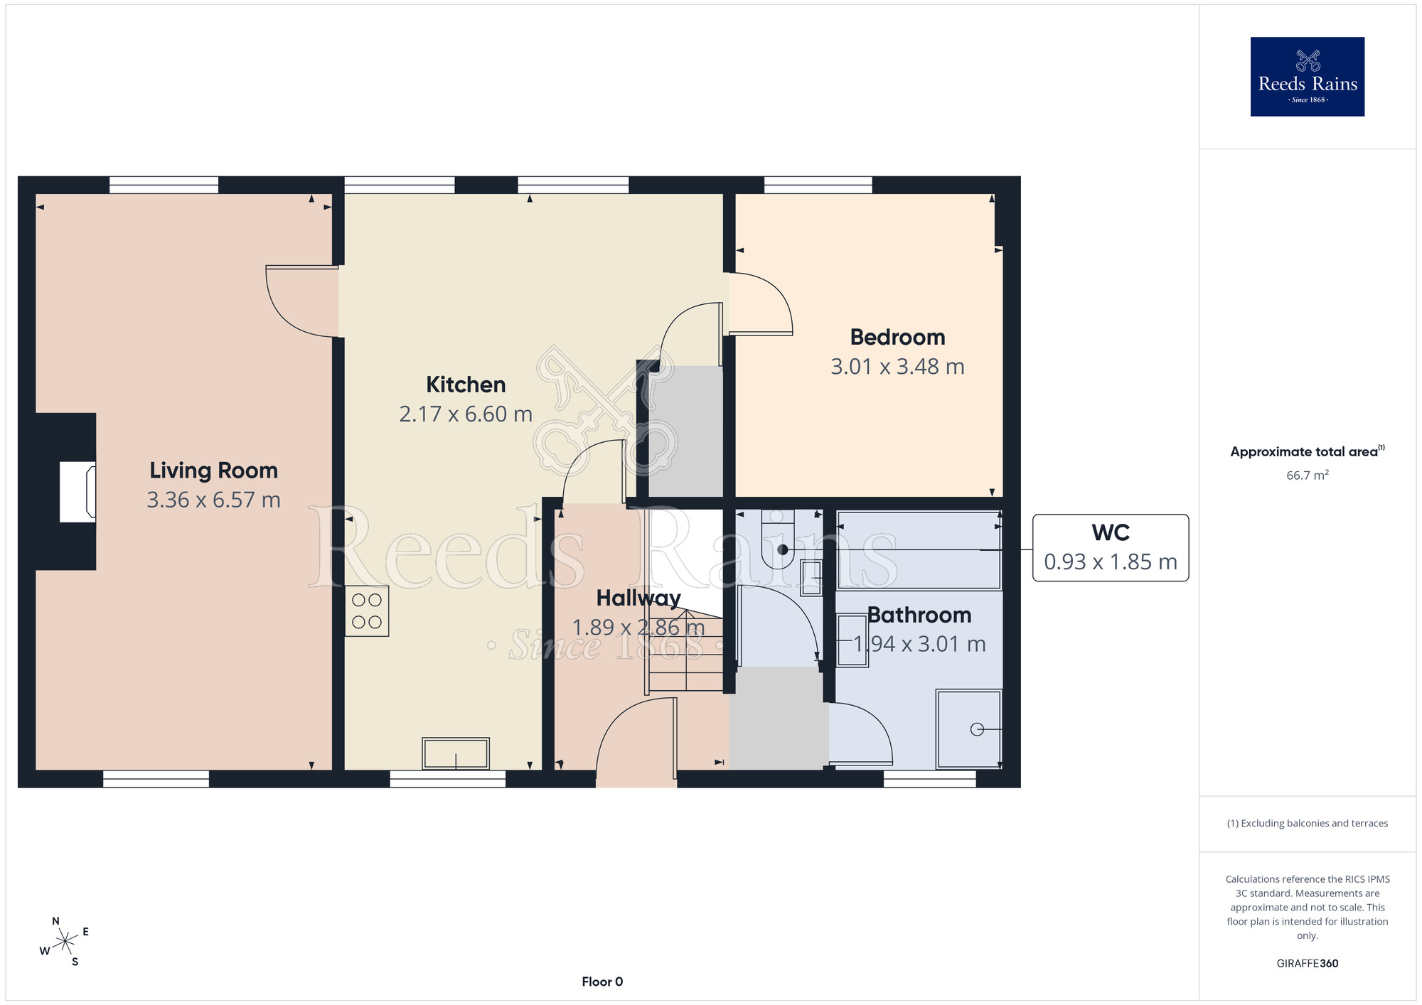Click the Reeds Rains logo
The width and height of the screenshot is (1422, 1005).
click(1307, 77)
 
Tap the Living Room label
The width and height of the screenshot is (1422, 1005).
click(213, 471)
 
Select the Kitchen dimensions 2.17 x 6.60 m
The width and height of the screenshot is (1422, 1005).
click(466, 414)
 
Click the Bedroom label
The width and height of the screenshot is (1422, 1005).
click(897, 337)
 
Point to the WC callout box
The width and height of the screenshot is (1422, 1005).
click(1111, 548)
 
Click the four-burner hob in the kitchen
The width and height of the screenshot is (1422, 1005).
click(367, 611)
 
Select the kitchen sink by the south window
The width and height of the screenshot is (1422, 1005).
click(456, 753)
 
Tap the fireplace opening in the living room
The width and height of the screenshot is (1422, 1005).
click(77, 492)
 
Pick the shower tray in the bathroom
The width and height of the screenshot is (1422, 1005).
click(969, 729)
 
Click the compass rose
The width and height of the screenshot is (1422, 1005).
click(65, 942)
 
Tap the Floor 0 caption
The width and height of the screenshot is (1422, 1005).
click(602, 982)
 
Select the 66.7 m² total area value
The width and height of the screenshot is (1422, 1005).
click(1307, 475)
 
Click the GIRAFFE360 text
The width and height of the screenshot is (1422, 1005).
click(1307, 964)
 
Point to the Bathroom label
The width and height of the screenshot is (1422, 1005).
click(919, 615)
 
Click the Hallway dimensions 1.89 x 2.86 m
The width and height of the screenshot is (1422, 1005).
click(638, 628)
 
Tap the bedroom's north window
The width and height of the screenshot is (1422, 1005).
click(818, 185)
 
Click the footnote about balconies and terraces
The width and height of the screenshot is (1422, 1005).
click(1307, 823)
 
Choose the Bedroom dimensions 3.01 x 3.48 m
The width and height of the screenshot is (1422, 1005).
click(897, 367)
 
